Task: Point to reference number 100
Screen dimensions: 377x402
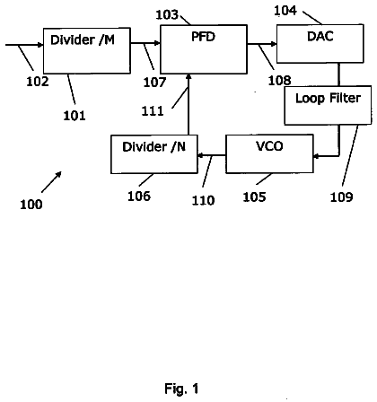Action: (31, 205)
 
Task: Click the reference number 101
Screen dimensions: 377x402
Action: (75, 116)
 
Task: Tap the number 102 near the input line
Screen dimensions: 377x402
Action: (38, 82)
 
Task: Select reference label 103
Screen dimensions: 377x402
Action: (167, 15)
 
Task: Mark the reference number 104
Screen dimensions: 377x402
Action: (285, 11)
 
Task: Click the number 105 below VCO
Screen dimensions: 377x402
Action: (254, 197)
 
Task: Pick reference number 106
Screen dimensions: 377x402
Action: (139, 197)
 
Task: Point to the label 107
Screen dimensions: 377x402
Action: (154, 83)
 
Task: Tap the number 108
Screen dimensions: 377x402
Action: (279, 81)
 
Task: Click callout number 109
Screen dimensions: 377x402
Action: (341, 197)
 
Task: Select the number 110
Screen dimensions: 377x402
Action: (203, 200)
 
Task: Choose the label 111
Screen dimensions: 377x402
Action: (153, 111)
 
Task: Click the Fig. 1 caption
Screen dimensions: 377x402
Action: (181, 389)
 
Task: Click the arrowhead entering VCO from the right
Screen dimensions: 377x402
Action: (316, 156)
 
